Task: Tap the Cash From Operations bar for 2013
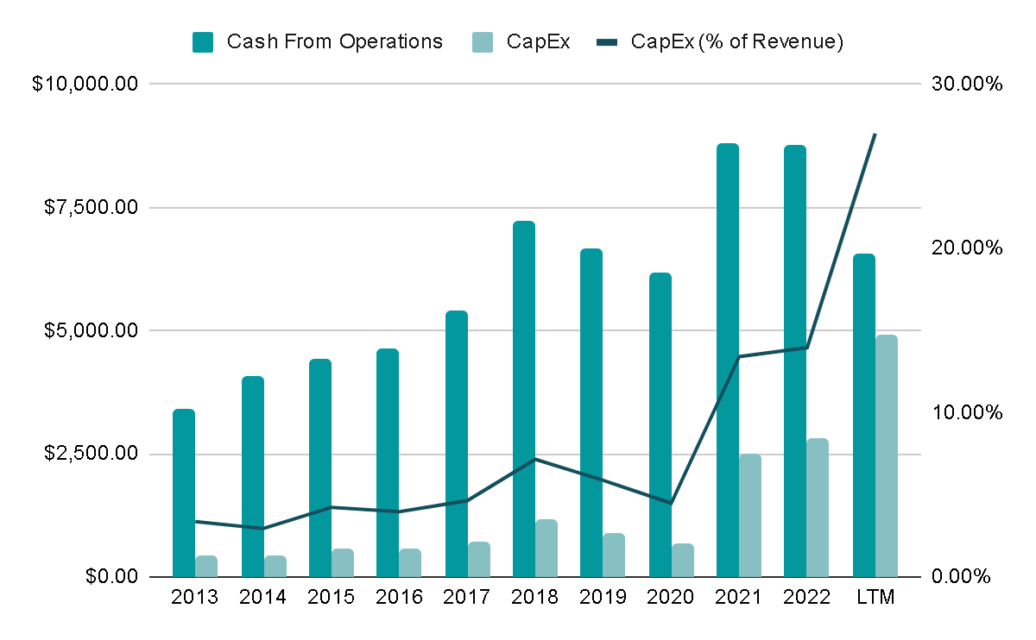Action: coord(184,493)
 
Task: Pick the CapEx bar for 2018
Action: coord(546,548)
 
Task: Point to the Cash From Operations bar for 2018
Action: coord(524,398)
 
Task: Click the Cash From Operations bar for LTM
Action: coord(863,415)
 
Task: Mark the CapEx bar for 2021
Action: coord(750,515)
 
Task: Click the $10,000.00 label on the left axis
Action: coord(84,84)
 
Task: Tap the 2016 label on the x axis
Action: coord(399,597)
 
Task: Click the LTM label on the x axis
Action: coord(875,597)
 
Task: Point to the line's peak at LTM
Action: coord(875,135)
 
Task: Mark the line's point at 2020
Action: coord(671,503)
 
